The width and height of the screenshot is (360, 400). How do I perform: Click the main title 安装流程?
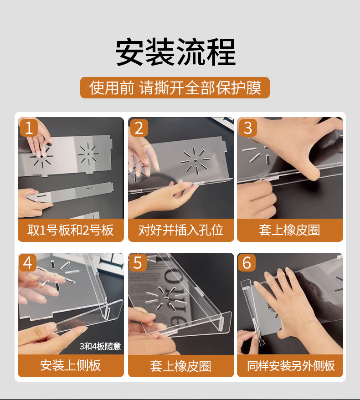pyautogui.click(x=176, y=52)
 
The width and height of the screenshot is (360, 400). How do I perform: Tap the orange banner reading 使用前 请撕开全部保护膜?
pyautogui.click(x=175, y=88)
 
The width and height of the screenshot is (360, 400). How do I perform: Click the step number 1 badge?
pyautogui.click(x=29, y=128)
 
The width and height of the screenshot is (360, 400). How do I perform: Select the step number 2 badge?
pyautogui.click(x=139, y=128)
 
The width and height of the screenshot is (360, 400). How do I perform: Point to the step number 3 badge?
pyautogui.click(x=248, y=128)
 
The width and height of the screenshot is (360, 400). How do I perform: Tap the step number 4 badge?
pyautogui.click(x=27, y=262)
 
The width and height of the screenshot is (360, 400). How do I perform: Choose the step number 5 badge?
pyautogui.click(x=138, y=262)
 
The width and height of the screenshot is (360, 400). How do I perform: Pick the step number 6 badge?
pyautogui.click(x=247, y=262)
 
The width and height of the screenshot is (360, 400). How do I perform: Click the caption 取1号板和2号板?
pyautogui.click(x=71, y=230)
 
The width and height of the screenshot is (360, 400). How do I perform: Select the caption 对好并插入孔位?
pyautogui.click(x=181, y=230)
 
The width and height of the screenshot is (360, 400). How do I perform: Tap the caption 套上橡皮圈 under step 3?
pyautogui.click(x=289, y=230)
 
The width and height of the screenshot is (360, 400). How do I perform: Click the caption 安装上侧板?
pyautogui.click(x=71, y=365)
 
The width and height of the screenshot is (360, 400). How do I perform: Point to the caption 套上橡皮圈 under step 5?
pyautogui.click(x=181, y=366)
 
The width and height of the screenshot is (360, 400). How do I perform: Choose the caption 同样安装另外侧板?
pyautogui.click(x=291, y=365)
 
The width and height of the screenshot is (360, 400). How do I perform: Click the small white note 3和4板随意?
pyautogui.click(x=100, y=346)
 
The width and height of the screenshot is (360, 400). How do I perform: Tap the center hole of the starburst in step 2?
pyautogui.click(x=195, y=161)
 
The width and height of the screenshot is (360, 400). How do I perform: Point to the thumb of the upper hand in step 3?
pyautogui.click(x=313, y=164)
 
